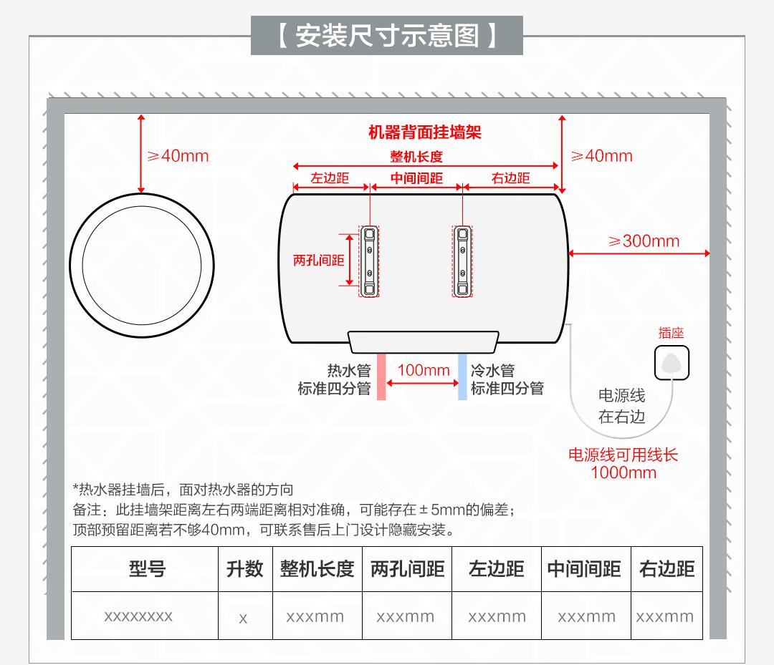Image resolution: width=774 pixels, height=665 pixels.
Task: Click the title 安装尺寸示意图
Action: pyautogui.click(x=387, y=36)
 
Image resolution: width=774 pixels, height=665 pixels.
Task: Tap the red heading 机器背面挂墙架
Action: pyautogui.click(x=424, y=132)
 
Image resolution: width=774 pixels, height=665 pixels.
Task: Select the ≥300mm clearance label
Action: pyautogui.click(x=644, y=241)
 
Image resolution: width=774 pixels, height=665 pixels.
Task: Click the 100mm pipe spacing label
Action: pyautogui.click(x=424, y=370)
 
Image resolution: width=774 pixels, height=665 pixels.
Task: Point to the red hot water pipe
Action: pyautogui.click(x=381, y=377)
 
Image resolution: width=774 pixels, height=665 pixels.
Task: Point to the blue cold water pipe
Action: pyautogui.click(x=463, y=377)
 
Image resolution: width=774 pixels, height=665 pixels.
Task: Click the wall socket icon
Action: pyautogui.click(x=672, y=362)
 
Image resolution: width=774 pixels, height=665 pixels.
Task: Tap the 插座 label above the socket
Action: pyautogui.click(x=672, y=333)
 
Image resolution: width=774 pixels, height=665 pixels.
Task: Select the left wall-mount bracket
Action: pyautogui.click(x=368, y=261)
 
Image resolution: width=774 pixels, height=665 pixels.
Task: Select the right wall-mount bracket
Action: pyautogui.click(x=462, y=261)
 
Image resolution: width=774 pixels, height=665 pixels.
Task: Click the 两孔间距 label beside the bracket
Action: pyautogui.click(x=319, y=261)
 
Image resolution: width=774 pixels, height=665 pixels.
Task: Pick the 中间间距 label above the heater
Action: pyautogui.click(x=416, y=178)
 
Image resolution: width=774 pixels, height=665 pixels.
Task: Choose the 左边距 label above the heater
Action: pyautogui.click(x=330, y=178)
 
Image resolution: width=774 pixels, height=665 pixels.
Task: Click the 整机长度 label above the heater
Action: pyautogui.click(x=416, y=157)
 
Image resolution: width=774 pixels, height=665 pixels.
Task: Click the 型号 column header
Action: pyautogui.click(x=147, y=569)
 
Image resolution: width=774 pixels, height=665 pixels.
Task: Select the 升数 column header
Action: pyautogui.click(x=244, y=569)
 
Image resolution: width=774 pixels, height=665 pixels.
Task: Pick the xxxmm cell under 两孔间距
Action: pyautogui.click(x=406, y=616)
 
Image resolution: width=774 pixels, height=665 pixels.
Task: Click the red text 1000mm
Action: pyautogui.click(x=623, y=472)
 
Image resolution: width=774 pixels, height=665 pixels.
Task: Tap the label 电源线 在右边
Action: pyautogui.click(x=621, y=406)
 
